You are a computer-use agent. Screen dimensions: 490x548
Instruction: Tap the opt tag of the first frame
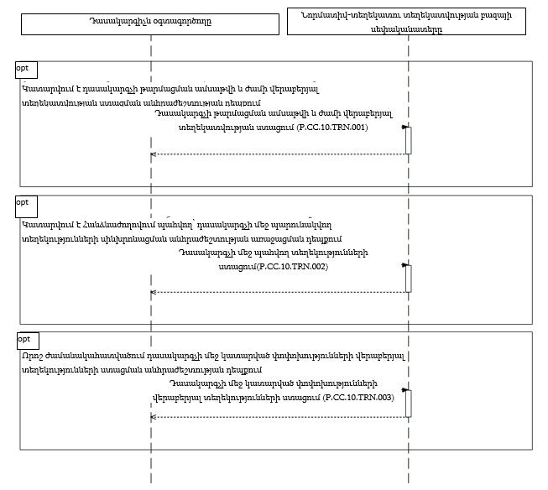point(24,67)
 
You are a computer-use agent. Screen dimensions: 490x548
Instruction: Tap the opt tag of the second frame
point(24,202)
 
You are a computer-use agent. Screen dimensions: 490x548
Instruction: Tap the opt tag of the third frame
point(26,338)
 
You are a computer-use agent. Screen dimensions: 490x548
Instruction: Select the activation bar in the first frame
point(408,140)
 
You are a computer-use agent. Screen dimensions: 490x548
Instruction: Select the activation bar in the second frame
point(408,278)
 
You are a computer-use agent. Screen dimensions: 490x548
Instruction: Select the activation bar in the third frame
point(408,403)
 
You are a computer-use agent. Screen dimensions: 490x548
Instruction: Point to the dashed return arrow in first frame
point(277,154)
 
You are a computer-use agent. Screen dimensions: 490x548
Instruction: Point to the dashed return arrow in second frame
point(277,292)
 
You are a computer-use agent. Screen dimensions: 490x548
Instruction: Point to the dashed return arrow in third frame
point(277,417)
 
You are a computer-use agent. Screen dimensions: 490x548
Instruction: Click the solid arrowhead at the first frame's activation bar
point(404,128)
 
